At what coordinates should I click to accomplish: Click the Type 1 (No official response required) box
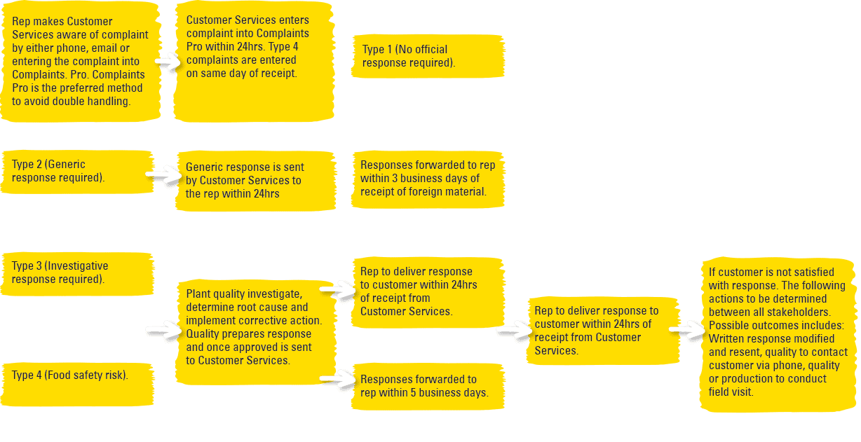point(428,57)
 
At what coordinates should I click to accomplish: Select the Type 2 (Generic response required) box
point(77,172)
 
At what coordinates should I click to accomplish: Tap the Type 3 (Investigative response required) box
point(77,274)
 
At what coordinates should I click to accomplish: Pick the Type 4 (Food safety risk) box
point(77,385)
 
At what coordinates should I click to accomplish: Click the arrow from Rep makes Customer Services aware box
point(168,62)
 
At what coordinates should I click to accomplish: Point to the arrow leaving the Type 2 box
point(163,175)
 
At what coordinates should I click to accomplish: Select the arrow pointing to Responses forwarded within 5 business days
point(337,380)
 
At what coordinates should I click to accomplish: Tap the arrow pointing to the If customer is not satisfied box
point(687,330)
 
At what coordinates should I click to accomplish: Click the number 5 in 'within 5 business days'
point(414,392)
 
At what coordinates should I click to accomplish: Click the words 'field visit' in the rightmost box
point(731,392)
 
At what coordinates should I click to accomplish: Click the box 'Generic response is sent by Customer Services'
point(256,181)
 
